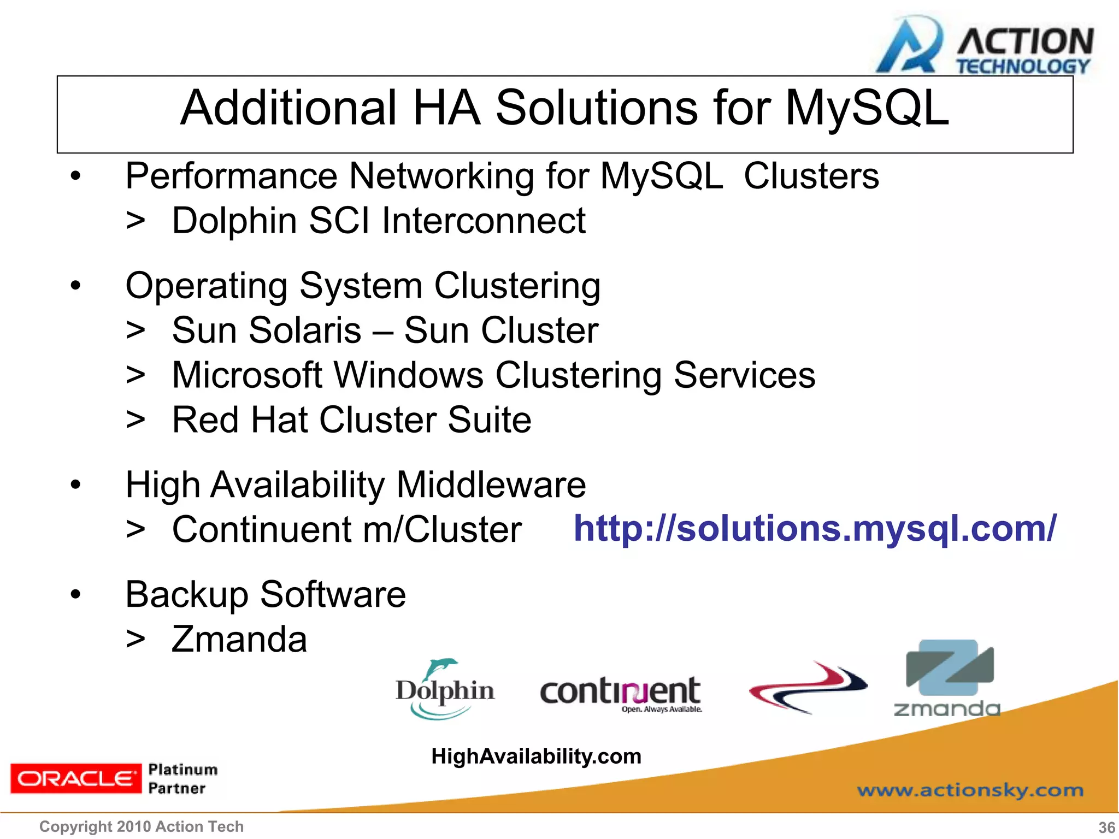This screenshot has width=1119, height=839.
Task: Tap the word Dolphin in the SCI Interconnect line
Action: (x=234, y=221)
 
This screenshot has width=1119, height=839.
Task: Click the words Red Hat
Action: (x=240, y=420)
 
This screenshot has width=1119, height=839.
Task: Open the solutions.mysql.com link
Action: (x=815, y=529)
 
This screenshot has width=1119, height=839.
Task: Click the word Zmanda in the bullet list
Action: (x=239, y=640)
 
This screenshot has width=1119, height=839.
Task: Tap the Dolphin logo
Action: (x=445, y=689)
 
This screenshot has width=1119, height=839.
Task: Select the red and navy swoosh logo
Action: (x=808, y=688)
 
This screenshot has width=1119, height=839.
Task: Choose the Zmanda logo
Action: (x=948, y=678)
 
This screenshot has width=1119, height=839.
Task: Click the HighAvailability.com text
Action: (x=536, y=757)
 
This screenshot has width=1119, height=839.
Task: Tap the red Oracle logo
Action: (x=75, y=778)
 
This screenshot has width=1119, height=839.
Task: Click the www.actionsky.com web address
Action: (x=970, y=790)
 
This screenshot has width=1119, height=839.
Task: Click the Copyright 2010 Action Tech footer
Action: (x=142, y=827)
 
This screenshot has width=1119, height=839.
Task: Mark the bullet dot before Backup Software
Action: (x=75, y=595)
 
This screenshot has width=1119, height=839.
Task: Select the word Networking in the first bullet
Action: (x=441, y=176)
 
